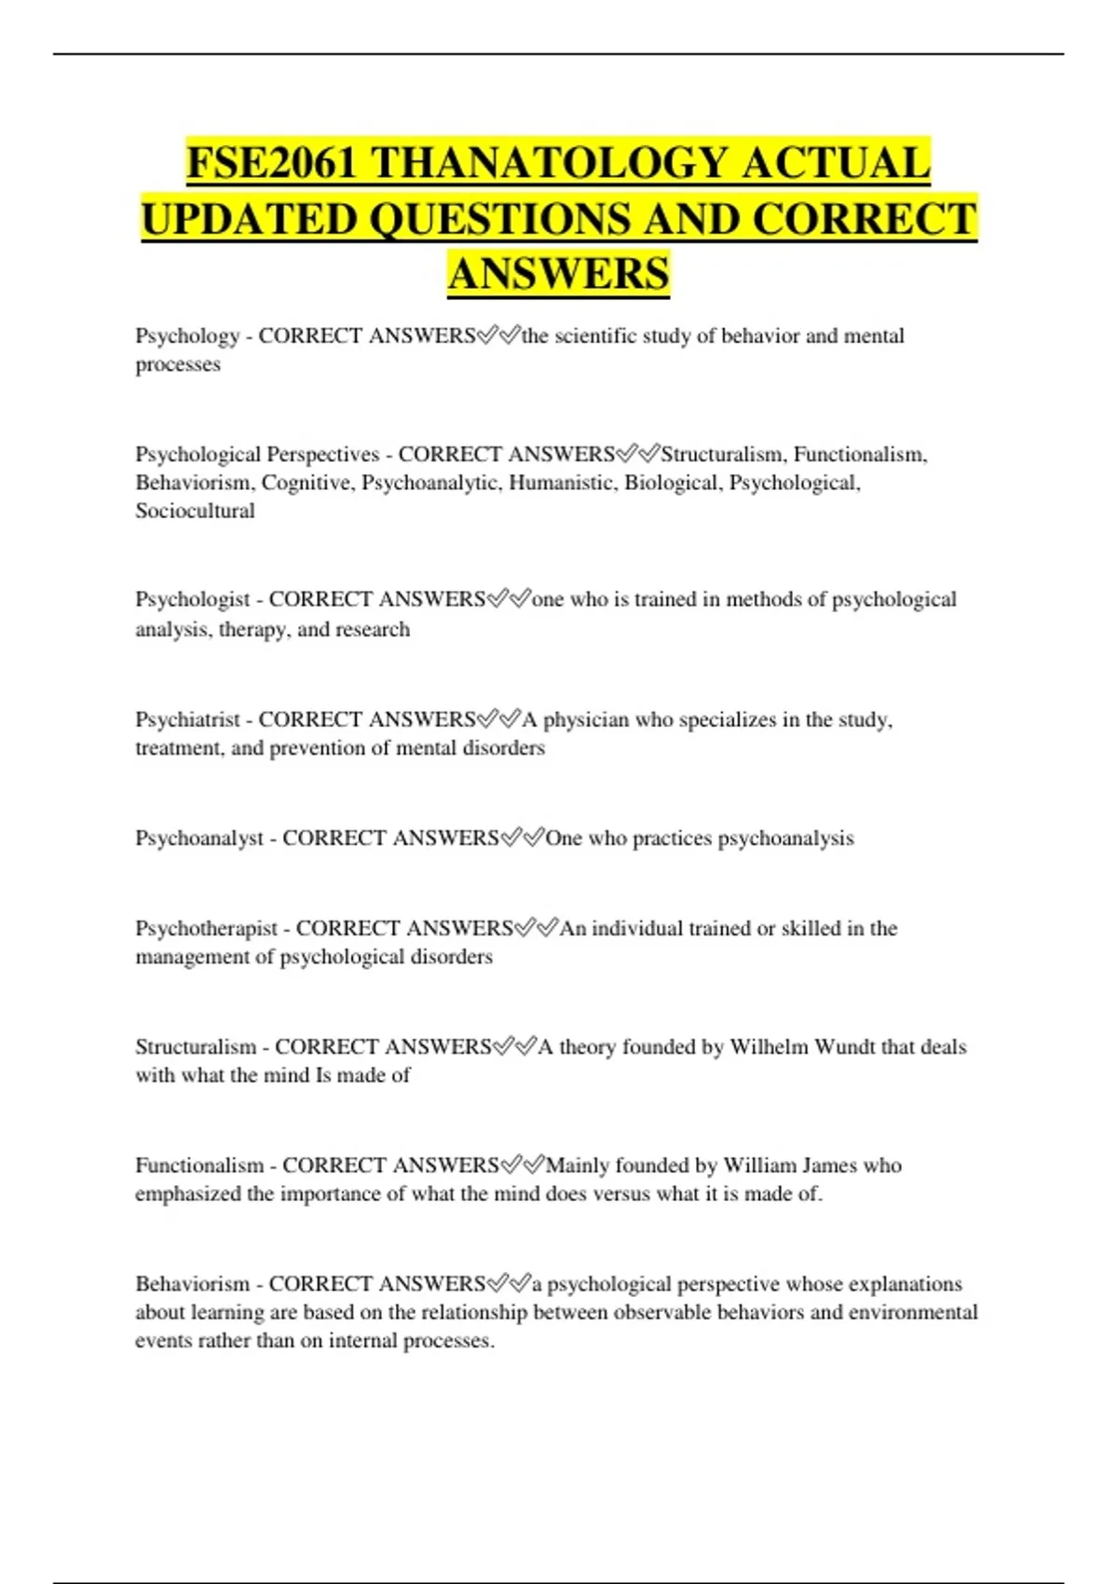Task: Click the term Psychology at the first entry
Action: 187,336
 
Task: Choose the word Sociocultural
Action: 195,511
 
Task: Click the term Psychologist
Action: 193,599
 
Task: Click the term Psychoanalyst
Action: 199,838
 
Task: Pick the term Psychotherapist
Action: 206,928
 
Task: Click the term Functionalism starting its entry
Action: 199,1165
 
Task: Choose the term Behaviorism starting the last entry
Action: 193,1284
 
